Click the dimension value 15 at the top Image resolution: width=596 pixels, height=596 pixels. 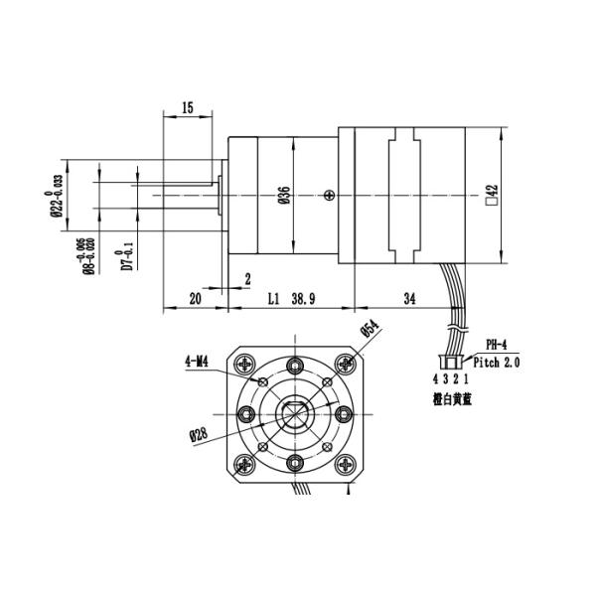188,107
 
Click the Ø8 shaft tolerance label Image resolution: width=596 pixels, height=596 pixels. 89,257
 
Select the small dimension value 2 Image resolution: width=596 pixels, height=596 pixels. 247,280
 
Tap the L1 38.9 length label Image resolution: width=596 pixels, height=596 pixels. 292,297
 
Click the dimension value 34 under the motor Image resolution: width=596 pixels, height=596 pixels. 410,297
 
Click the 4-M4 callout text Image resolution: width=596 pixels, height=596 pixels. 196,362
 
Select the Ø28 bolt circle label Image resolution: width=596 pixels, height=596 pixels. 198,434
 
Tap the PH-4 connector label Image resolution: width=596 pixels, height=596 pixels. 496,346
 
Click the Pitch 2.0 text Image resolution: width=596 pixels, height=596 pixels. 496,364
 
